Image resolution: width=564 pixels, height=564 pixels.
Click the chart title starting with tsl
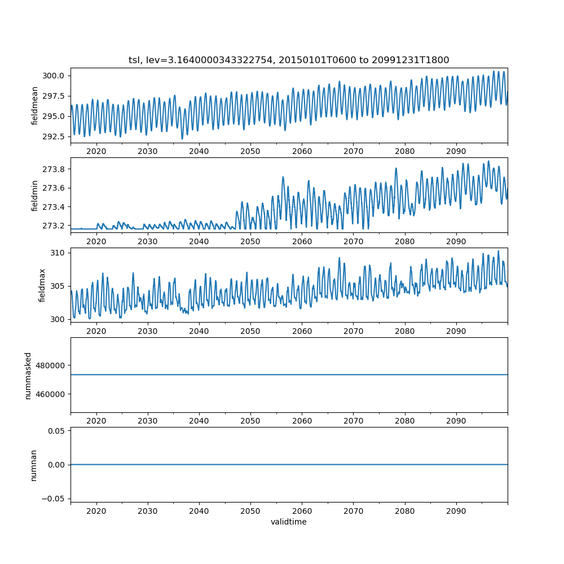pos(289,60)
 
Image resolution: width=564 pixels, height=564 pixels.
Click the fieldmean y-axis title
pos(35,105)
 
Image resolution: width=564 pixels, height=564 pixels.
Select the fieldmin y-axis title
pos(35,195)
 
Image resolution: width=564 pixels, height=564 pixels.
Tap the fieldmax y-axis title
pos(42,285)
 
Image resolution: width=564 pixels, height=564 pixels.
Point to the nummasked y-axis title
pos(28,376)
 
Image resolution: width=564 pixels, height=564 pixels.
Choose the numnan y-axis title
pos(34,465)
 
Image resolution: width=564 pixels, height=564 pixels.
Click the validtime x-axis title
pos(289,522)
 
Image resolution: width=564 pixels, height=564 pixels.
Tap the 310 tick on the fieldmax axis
pos(59,253)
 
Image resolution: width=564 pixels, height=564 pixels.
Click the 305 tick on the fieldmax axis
pos(59,286)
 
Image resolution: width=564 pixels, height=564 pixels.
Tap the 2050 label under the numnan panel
pos(250,510)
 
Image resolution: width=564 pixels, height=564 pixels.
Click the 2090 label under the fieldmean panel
pos(456,152)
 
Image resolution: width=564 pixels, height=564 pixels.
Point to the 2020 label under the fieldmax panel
pos(96,331)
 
